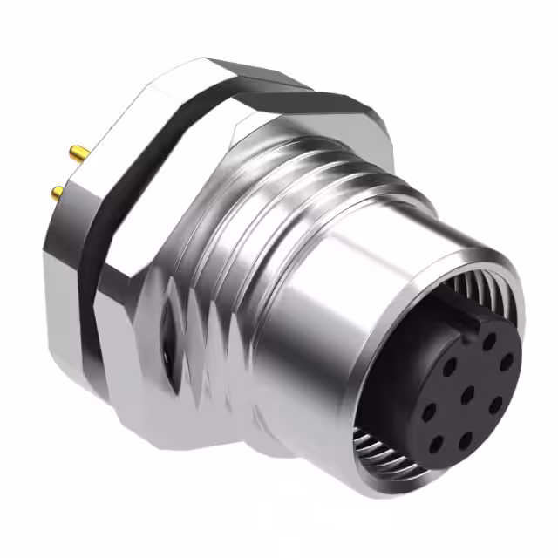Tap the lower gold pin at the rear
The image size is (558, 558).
[x=56, y=193]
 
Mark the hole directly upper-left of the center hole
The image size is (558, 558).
[x=449, y=367]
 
